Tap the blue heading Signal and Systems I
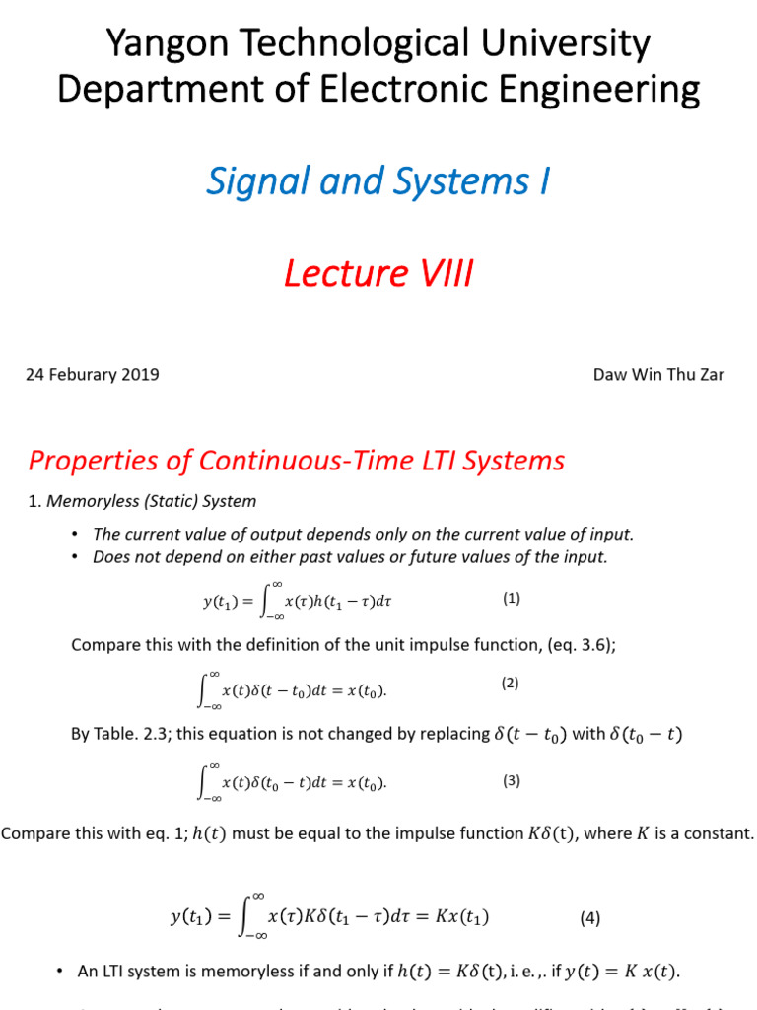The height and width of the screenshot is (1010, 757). [x=378, y=181]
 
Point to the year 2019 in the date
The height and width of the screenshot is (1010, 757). [x=139, y=375]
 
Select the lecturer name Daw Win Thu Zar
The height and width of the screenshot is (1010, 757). [x=658, y=375]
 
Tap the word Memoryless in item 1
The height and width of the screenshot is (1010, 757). [x=93, y=501]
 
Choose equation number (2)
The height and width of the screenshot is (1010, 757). [x=511, y=683]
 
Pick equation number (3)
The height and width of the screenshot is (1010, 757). [x=511, y=780]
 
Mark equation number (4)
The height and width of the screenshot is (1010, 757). [x=589, y=917]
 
